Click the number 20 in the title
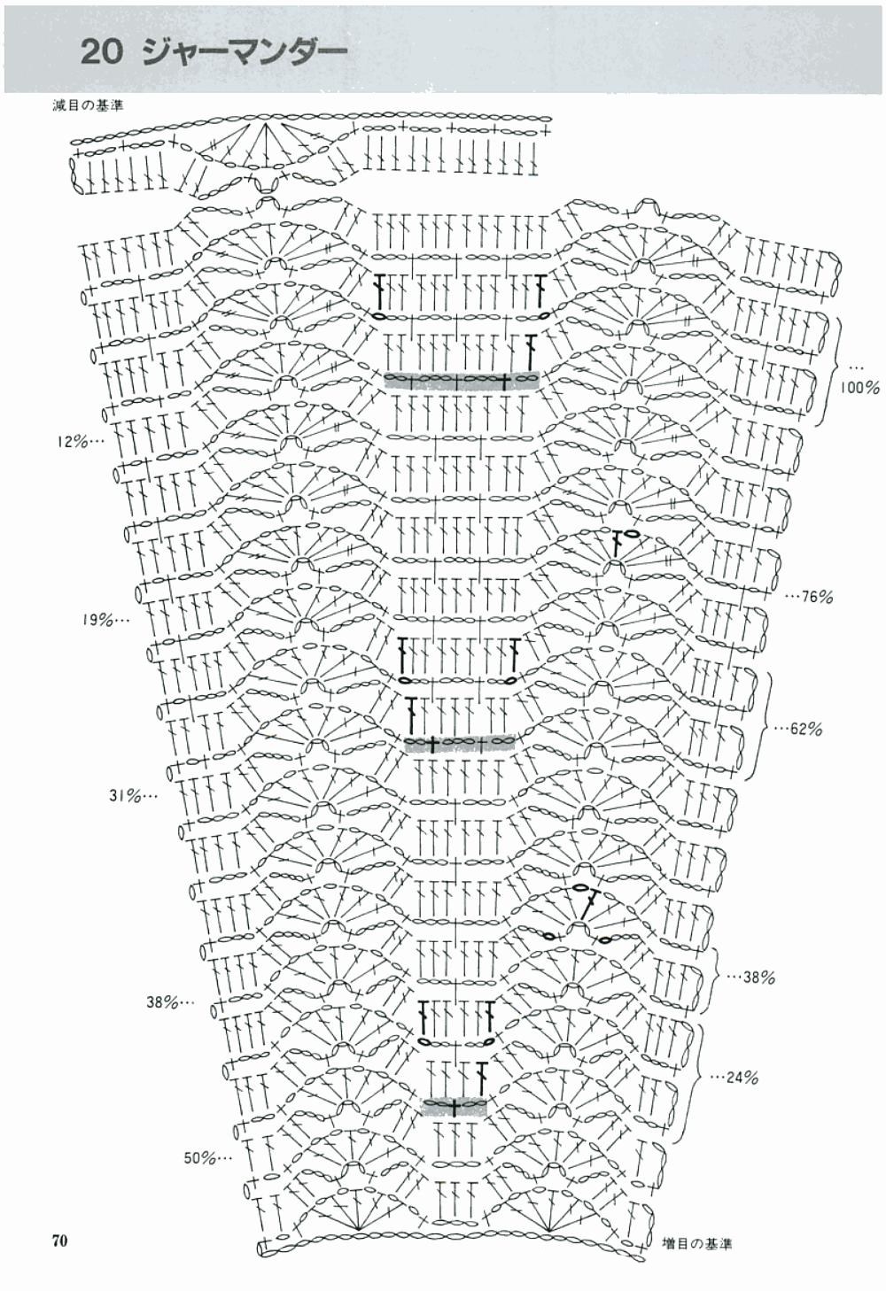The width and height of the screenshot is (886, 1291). click(x=102, y=52)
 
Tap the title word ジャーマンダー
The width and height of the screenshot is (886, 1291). click(x=244, y=52)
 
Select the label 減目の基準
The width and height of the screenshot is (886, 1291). click(x=87, y=105)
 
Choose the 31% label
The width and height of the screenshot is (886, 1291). click(x=134, y=797)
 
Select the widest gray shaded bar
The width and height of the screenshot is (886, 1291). click(x=462, y=381)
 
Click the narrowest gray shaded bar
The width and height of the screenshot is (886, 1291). click(x=455, y=1108)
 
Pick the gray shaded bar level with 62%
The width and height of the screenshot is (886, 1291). click(x=461, y=744)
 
